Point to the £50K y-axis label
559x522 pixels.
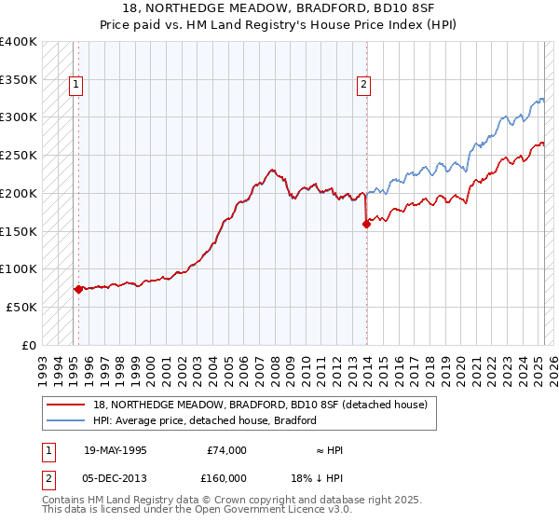(x=22, y=307)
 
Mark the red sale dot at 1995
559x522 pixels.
(x=78, y=289)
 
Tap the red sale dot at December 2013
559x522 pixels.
(x=366, y=223)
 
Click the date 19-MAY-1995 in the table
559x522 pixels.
(x=116, y=450)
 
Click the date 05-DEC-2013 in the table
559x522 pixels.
(x=116, y=477)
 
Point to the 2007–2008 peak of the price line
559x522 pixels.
(x=271, y=170)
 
